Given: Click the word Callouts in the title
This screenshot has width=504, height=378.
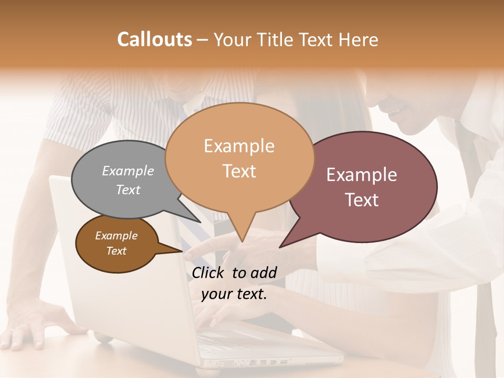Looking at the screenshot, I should point(154,39).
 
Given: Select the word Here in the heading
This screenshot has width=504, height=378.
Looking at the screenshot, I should point(357,39).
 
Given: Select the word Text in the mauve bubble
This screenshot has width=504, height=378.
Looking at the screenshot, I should point(362,200).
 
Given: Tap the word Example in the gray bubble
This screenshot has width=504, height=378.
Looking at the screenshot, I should point(128,171).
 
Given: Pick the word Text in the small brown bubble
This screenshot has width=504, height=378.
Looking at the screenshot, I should point(116,251).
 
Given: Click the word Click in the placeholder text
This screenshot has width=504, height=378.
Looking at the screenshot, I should point(209,272).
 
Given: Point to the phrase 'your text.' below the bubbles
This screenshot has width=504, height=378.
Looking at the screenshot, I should point(234,294).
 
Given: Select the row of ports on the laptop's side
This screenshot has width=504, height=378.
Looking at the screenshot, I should point(252,362).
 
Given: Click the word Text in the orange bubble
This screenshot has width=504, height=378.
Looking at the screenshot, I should point(239,171).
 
